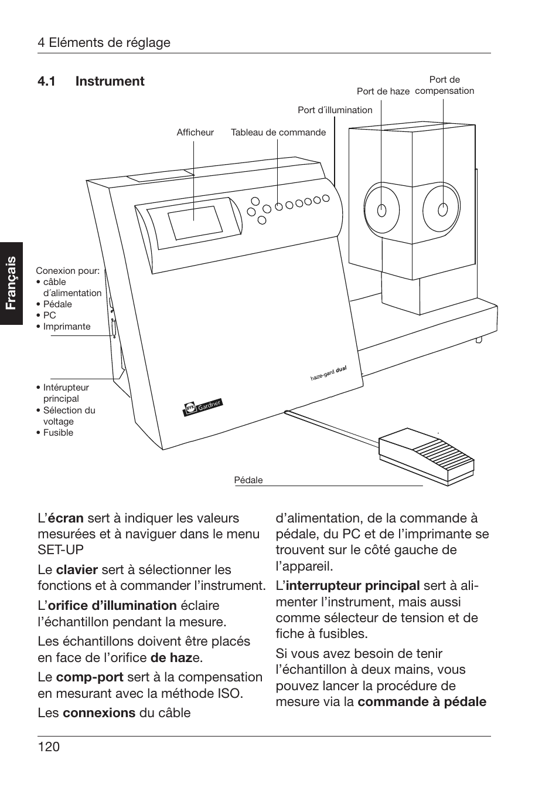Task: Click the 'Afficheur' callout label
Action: point(195,133)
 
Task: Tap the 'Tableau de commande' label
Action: point(278,133)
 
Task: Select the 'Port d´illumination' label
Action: point(335,110)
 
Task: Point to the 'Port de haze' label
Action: point(383,91)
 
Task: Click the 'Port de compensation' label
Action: point(444,86)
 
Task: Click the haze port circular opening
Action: point(382,210)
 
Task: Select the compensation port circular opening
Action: point(443,209)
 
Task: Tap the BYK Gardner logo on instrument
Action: point(203,407)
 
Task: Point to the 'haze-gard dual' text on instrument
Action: point(328,374)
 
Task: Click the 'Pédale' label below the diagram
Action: point(248,480)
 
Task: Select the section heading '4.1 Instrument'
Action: point(91,82)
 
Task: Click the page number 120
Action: point(49,747)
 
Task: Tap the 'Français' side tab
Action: point(11,283)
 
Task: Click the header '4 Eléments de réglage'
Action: point(104,43)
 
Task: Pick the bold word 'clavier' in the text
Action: point(77,570)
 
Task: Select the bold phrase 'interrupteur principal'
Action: point(352,586)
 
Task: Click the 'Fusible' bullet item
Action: point(58,433)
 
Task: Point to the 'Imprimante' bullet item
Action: point(66,327)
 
